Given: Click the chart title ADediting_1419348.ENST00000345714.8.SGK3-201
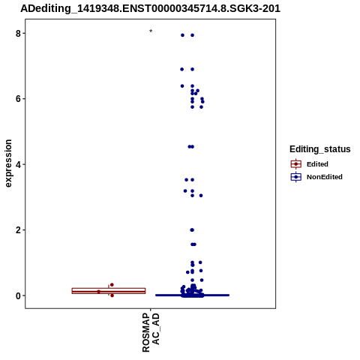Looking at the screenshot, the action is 150,8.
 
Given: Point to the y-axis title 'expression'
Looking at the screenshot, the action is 8,163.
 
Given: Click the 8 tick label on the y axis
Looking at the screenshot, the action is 18,33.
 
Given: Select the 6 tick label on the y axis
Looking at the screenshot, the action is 18,99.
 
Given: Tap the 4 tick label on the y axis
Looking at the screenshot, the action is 18,164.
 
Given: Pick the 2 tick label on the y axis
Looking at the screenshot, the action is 18,230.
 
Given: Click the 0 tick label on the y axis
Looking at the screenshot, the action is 18,295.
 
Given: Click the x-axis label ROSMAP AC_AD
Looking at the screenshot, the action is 151,333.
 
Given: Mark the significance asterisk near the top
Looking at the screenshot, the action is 151,31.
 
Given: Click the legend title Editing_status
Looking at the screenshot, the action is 320,149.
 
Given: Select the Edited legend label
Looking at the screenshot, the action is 317,164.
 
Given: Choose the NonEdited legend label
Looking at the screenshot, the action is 325,177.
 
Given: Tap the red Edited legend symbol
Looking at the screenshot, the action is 296,164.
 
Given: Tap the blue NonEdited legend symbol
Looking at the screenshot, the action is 296,177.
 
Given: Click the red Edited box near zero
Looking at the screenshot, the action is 109,291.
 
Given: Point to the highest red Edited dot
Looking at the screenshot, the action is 112,285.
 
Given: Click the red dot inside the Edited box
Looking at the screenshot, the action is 98,292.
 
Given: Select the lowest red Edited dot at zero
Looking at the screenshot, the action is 112,295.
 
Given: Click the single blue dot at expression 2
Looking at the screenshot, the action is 192,230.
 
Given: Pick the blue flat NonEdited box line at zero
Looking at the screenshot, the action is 192,295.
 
